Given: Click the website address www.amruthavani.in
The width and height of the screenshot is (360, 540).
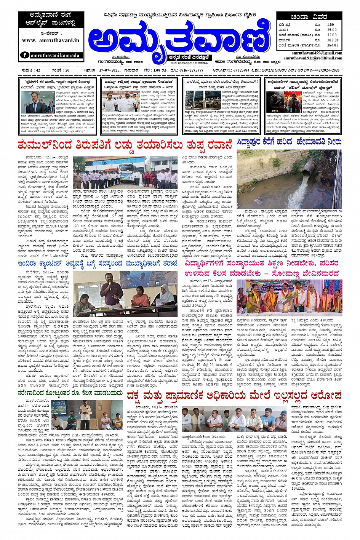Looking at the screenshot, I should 51,40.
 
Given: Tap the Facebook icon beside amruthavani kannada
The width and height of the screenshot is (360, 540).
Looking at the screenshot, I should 25,55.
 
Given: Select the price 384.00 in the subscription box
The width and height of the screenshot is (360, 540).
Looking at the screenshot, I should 333,45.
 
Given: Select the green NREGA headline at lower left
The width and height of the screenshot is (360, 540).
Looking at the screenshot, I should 70,393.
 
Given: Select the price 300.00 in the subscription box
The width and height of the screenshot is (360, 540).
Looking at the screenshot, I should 333,40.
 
